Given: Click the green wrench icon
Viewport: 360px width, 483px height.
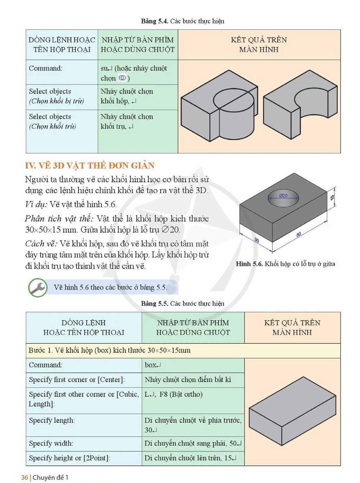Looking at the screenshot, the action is click(x=38, y=288).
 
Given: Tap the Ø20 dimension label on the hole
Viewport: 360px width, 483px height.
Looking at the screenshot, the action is click(x=283, y=195).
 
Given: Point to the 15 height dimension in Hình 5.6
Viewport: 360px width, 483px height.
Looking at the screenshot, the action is click(x=332, y=197).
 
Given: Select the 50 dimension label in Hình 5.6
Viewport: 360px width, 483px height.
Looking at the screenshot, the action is click(x=298, y=234).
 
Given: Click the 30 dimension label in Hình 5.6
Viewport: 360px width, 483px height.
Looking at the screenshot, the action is click(x=257, y=240).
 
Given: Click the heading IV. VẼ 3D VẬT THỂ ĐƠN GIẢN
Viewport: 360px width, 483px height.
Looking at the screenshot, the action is click(x=90, y=166).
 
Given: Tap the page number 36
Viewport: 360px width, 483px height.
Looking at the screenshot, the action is click(x=24, y=477).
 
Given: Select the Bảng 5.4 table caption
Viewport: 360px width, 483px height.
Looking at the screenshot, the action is click(x=183, y=21).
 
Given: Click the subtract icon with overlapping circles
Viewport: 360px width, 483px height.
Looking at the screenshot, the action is click(x=122, y=78).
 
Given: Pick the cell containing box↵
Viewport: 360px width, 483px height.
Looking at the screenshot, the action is click(x=193, y=365).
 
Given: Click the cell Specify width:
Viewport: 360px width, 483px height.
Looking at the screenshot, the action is click(x=84, y=443).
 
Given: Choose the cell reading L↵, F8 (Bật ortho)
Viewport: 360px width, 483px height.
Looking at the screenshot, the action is click(x=193, y=400).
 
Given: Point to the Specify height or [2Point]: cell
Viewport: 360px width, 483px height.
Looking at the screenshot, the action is click(x=84, y=458).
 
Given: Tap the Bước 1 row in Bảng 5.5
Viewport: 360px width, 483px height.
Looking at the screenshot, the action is click(x=183, y=350).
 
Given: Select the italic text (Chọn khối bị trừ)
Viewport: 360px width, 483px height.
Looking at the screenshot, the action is click(x=57, y=101).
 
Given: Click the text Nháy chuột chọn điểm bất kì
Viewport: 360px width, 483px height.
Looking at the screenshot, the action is click(x=188, y=380).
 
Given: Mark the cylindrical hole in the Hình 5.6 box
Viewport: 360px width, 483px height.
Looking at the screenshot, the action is click(x=283, y=198).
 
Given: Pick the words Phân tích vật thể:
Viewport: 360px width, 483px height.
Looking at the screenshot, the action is click(x=59, y=219).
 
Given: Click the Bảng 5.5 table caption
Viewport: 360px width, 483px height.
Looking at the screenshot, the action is click(x=183, y=303).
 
